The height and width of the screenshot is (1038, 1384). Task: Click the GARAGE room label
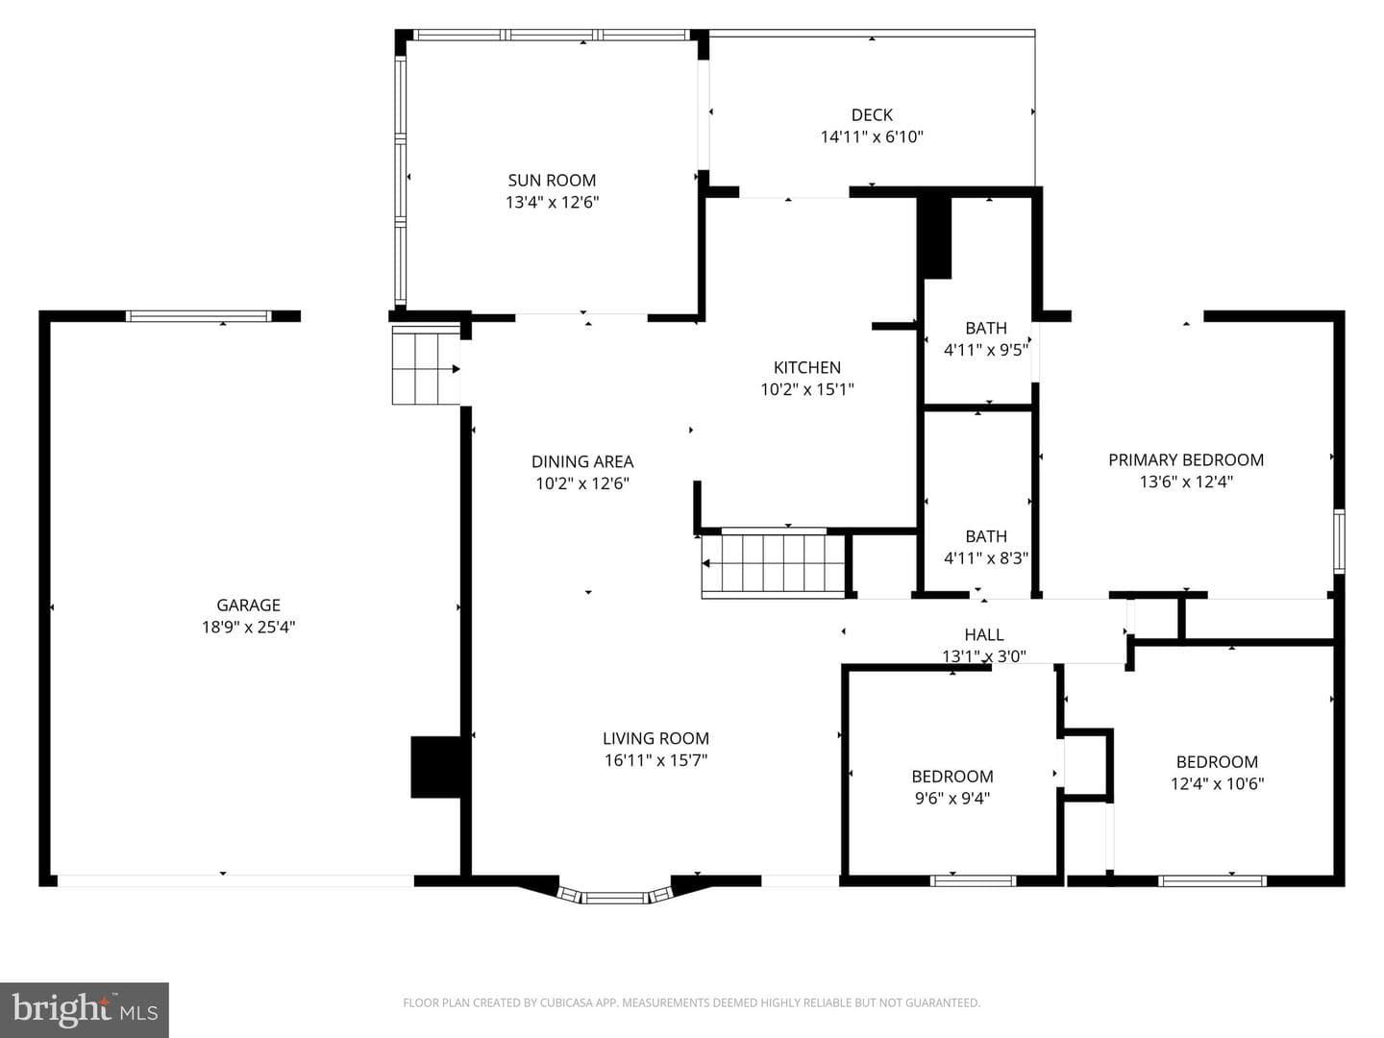[x=248, y=605]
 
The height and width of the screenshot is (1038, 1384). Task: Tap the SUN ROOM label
[x=552, y=181]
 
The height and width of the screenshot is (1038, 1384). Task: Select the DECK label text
[x=872, y=114]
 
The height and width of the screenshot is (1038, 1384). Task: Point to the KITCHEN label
[x=807, y=367]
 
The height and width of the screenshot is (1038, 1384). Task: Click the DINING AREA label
[x=582, y=462]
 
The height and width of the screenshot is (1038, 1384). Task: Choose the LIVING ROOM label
[x=655, y=738]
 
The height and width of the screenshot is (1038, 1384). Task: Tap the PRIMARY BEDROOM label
[x=1186, y=460]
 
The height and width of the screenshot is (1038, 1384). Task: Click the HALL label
[x=983, y=634]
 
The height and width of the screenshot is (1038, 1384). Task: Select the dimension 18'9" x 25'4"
[x=248, y=627]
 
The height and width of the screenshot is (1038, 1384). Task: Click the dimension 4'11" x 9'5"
[x=986, y=350]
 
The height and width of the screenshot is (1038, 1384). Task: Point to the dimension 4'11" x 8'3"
[x=986, y=557]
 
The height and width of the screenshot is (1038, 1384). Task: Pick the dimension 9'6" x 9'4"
[x=952, y=798]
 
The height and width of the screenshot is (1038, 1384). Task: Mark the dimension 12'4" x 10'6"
[x=1217, y=783]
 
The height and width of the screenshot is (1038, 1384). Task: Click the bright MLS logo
[x=85, y=1009]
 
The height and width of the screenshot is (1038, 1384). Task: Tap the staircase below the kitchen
[x=774, y=564]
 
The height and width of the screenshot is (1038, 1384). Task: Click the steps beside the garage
[x=426, y=365]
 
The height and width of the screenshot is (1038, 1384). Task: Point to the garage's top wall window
[x=199, y=316]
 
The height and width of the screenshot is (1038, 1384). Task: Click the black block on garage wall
[x=436, y=766]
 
